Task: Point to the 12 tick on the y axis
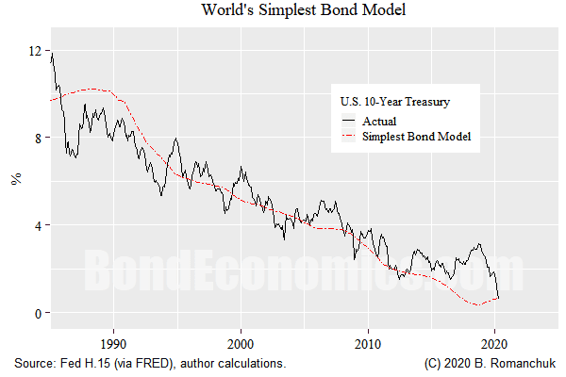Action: [35, 51]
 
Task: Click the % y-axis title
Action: [15, 181]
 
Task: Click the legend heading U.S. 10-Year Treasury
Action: [394, 101]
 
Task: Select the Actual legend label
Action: [379, 121]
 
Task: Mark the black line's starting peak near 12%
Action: [52, 53]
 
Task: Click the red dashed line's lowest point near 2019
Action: [477, 304]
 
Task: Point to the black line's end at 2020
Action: [498, 299]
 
